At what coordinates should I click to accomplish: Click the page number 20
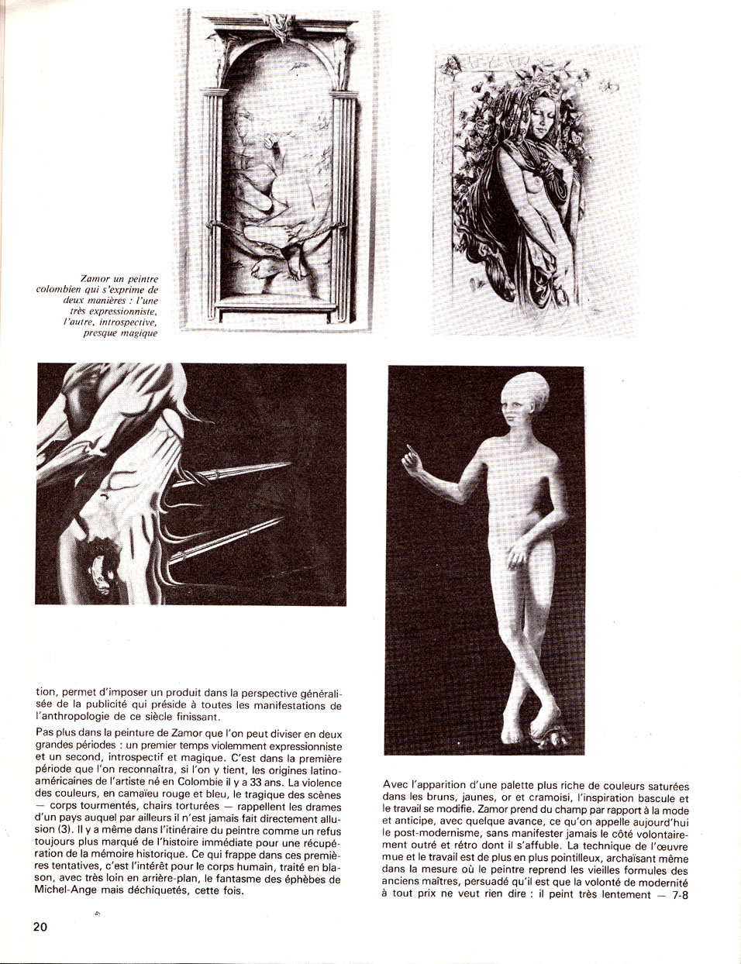(40, 926)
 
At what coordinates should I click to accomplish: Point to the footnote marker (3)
(49, 829)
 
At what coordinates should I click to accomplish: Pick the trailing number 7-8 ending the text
(675, 895)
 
